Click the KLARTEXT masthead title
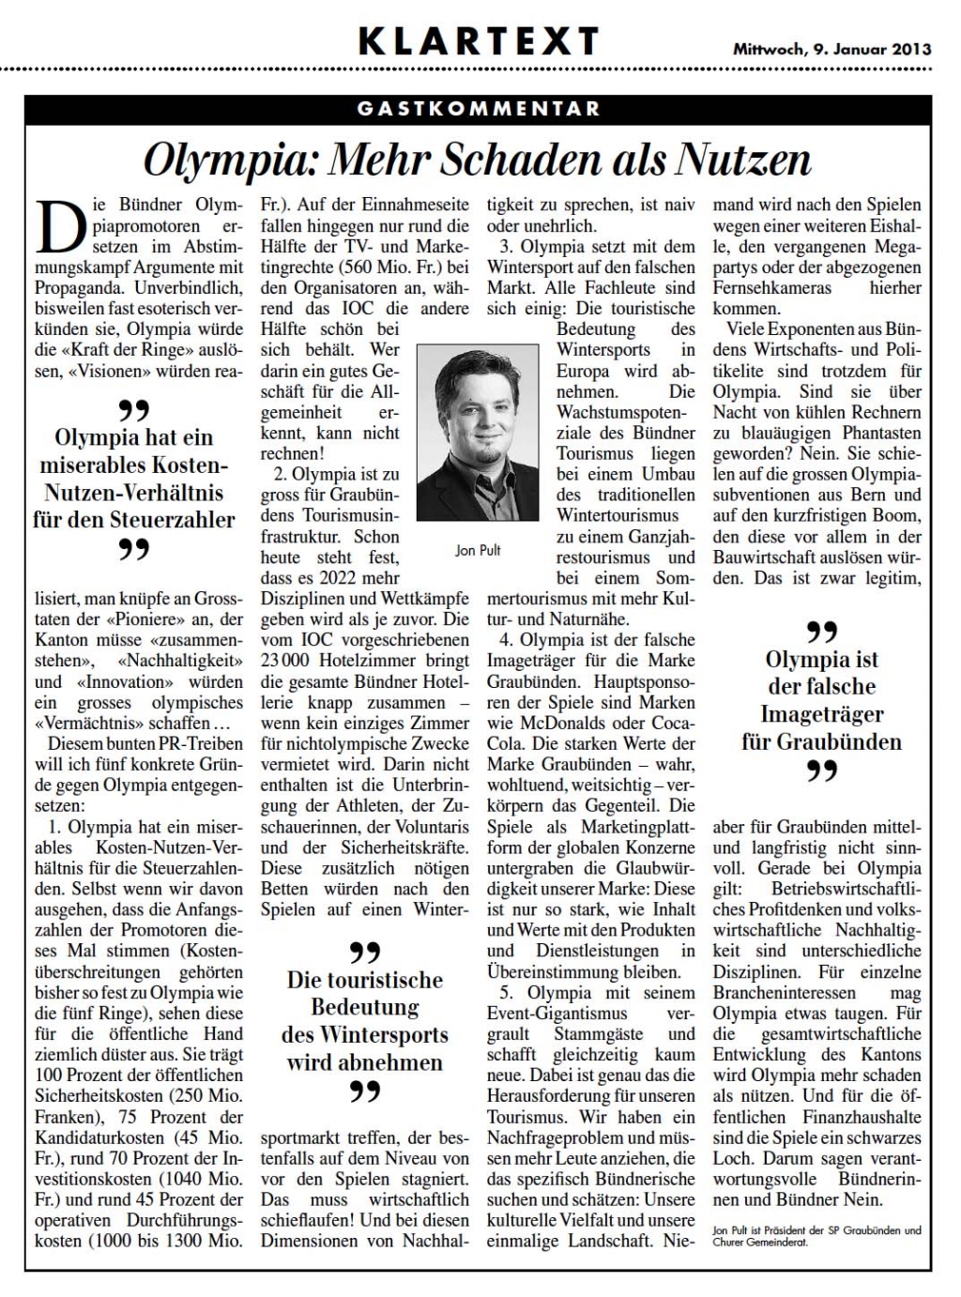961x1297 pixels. tap(479, 41)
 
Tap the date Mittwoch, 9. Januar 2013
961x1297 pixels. tap(831, 49)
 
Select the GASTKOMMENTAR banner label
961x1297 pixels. tap(479, 108)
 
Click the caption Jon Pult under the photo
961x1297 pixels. tap(478, 551)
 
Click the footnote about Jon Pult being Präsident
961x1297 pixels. tap(816, 1235)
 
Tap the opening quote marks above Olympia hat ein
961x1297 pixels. tap(133, 410)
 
